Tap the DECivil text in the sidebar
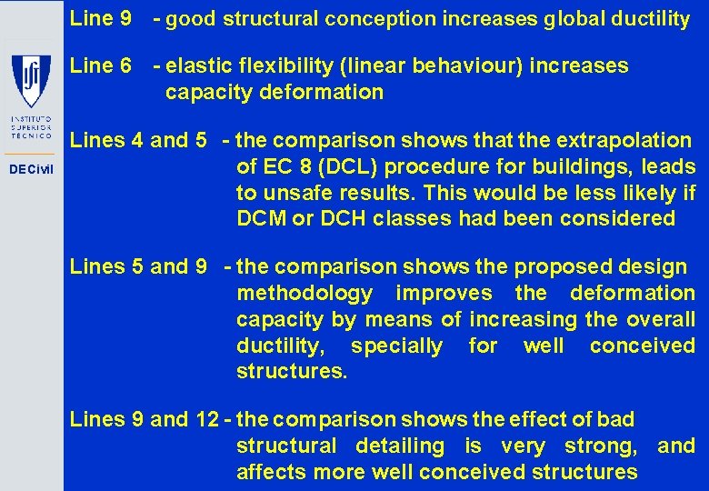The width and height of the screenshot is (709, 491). (x=31, y=170)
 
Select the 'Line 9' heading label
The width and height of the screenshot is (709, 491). (x=101, y=18)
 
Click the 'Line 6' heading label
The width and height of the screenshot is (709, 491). (x=101, y=65)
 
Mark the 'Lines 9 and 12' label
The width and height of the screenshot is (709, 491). (x=144, y=419)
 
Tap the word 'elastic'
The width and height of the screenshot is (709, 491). (x=195, y=65)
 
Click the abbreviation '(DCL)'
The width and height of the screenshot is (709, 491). (x=354, y=166)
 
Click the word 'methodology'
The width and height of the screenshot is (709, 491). (x=305, y=293)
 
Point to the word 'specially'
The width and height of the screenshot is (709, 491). (x=396, y=346)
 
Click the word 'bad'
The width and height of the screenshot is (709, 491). (x=615, y=419)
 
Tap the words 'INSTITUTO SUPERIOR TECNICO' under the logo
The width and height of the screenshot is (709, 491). (x=31, y=131)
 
